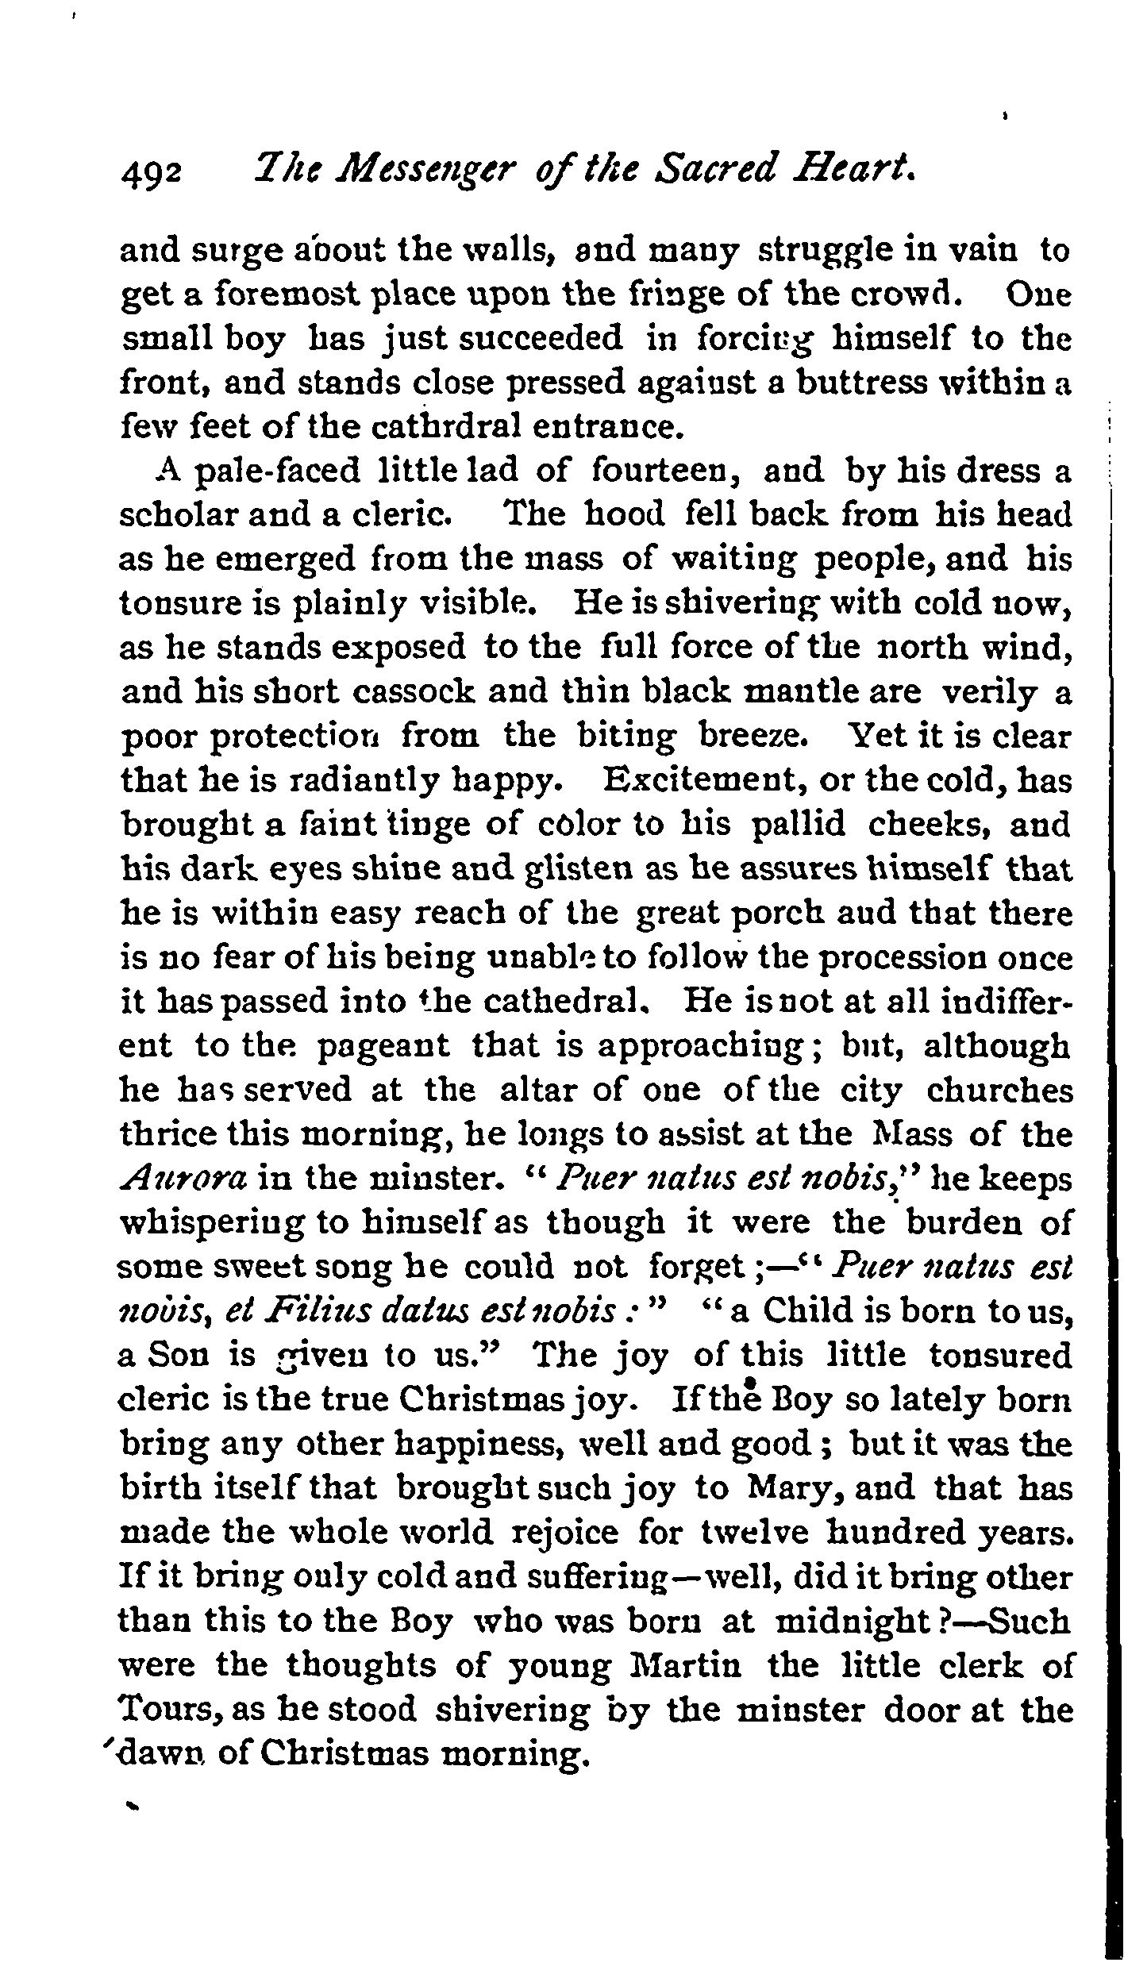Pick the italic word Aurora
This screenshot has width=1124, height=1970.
[183, 1179]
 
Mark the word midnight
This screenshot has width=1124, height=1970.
[851, 1622]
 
